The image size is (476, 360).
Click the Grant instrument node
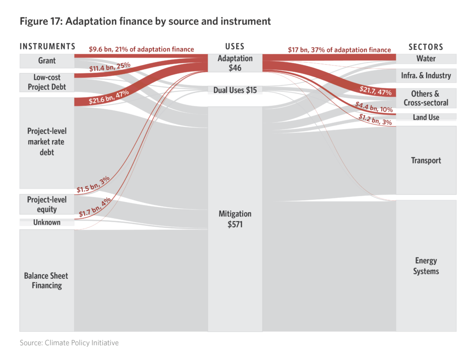47,60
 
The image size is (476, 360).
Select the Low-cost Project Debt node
47,82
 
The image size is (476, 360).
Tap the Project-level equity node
47,204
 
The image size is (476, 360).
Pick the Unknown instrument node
47,223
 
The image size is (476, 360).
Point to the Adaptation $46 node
235,63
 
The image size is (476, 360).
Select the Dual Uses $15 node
235,90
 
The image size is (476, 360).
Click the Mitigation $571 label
235,219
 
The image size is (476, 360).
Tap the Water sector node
426,59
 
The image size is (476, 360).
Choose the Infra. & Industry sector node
426,75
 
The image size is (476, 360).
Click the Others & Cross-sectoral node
426,98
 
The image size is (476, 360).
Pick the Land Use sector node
426,117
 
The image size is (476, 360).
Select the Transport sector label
426,160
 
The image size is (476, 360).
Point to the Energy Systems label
426,266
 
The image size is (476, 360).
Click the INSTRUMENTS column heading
47,46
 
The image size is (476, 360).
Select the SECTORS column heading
426,47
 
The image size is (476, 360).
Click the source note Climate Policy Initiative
69,343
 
